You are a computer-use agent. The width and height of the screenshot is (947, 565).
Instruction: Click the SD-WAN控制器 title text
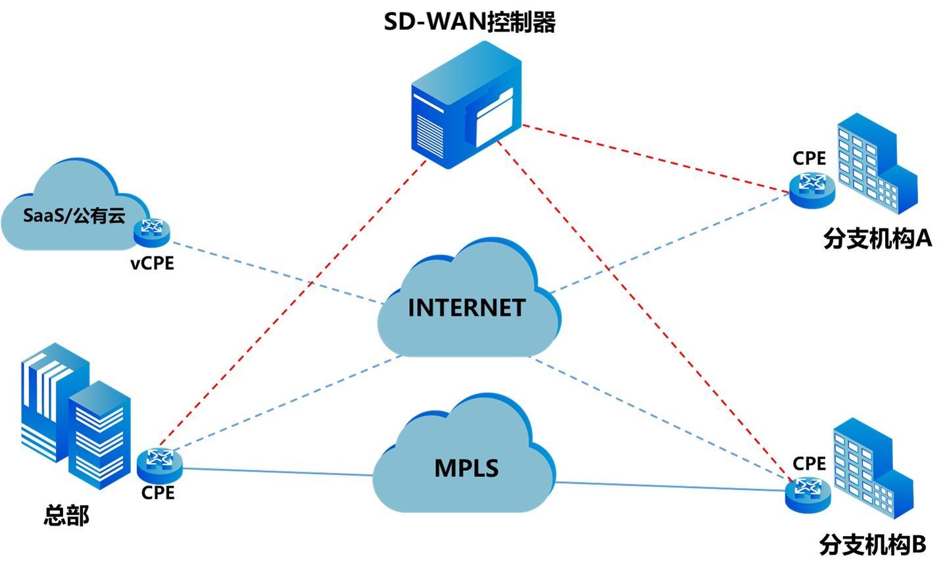(x=470, y=22)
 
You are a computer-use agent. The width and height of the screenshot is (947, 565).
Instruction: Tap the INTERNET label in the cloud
(x=466, y=307)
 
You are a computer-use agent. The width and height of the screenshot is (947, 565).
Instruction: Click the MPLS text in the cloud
(x=466, y=468)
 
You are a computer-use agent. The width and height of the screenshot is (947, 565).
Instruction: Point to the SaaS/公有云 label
(x=74, y=215)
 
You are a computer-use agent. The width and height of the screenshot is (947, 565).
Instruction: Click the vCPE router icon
(x=152, y=229)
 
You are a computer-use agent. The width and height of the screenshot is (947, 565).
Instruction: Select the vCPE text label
(x=152, y=263)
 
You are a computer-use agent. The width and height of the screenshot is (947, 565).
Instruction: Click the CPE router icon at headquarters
(x=159, y=463)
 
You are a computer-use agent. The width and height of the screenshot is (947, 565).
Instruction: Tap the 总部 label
(x=66, y=515)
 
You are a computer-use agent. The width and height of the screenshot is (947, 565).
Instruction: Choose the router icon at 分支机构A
(x=813, y=187)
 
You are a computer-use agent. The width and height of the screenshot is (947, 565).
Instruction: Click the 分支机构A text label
(x=877, y=238)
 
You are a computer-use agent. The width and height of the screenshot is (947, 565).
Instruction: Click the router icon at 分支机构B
(x=808, y=492)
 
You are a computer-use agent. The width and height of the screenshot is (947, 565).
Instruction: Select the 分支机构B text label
(x=873, y=545)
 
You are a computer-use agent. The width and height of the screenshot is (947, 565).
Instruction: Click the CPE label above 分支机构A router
(x=809, y=158)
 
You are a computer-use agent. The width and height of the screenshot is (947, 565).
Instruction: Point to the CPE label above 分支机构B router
(x=809, y=463)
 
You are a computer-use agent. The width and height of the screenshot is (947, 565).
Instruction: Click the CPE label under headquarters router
(x=158, y=492)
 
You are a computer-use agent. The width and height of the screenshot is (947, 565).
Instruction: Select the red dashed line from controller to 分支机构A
(x=658, y=158)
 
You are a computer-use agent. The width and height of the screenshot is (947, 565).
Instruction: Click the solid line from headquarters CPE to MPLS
(x=276, y=472)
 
